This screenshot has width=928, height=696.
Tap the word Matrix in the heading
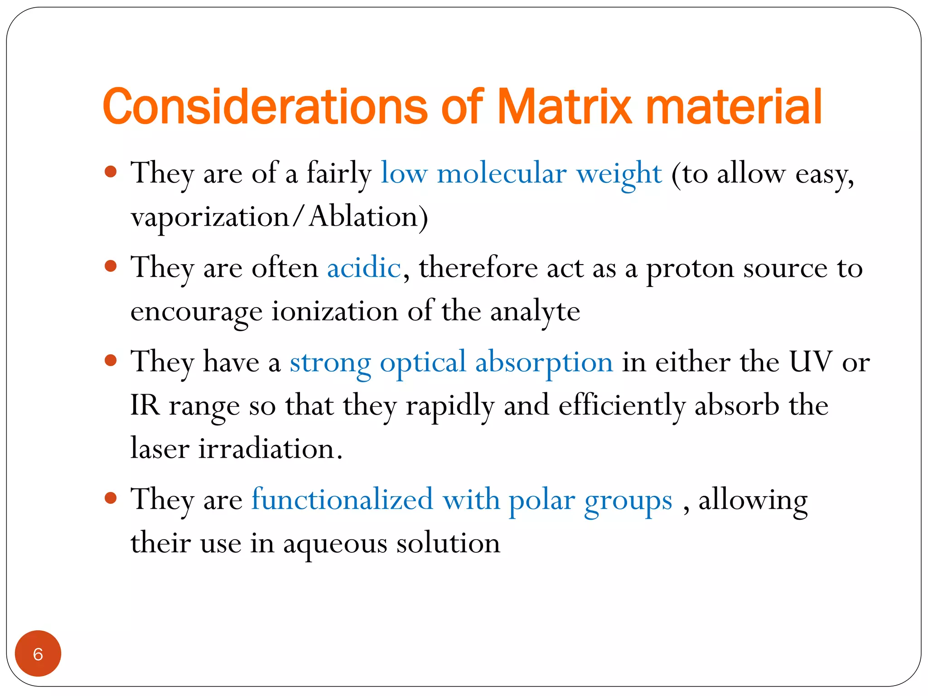click(564, 107)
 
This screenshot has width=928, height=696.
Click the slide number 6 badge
click(38, 653)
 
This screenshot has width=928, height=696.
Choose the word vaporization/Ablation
click(279, 217)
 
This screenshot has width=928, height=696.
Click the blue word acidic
click(364, 268)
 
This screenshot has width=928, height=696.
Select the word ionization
click(334, 312)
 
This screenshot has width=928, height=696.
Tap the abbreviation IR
click(145, 405)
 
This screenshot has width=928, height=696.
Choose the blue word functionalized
click(342, 499)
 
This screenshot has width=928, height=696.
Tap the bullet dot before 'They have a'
click(111, 361)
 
